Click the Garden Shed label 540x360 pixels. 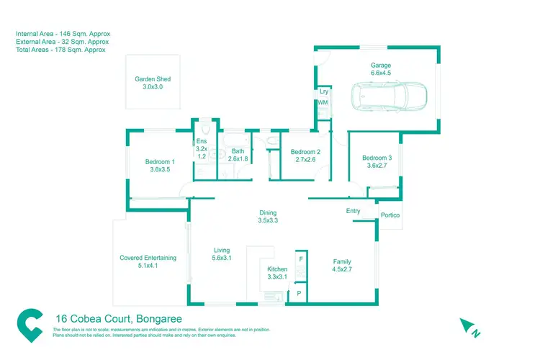click(153, 79)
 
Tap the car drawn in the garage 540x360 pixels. click(389, 96)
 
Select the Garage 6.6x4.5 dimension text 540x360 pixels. click(381, 73)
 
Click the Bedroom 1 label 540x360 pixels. click(160, 161)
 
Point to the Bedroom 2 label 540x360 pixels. click(305, 152)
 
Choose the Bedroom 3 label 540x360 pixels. click(377, 158)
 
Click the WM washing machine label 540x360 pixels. click(323, 103)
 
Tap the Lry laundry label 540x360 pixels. click(324, 91)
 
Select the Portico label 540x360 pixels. click(390, 215)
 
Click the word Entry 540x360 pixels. click(353, 211)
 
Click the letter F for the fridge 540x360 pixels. click(301, 259)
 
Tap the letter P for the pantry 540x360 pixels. click(299, 294)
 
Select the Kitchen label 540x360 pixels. click(277, 269)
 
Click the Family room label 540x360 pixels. click(341, 262)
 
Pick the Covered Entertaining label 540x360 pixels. click(148, 258)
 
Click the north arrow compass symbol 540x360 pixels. click(469, 328)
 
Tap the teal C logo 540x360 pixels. click(30, 325)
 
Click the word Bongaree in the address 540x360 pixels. click(159, 319)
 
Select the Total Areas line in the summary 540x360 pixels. click(60, 50)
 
